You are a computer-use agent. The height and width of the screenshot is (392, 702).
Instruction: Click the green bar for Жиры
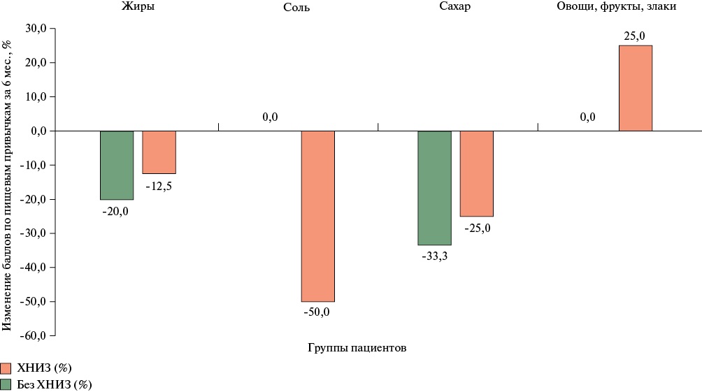point(117,165)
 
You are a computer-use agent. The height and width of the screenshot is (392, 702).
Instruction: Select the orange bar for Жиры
point(159,152)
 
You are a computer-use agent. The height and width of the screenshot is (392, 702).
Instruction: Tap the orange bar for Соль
point(317,216)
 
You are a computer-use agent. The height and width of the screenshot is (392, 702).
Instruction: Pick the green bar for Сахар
point(434,187)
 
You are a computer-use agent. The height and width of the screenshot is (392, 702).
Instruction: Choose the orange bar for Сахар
point(476,173)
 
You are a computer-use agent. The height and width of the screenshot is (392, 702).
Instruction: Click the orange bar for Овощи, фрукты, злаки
point(636,88)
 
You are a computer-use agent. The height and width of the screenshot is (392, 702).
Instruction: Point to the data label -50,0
point(317,312)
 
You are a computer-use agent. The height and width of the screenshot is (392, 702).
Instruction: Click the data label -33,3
point(434,255)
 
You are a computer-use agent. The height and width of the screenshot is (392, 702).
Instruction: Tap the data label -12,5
point(159,186)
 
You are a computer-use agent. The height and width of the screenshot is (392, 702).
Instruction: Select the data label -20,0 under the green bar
point(115,211)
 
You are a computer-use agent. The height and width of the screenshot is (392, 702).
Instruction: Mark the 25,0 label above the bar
point(635,36)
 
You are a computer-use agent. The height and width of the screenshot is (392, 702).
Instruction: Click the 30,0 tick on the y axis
point(36,29)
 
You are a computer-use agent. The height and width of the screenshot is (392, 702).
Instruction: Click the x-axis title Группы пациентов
point(357,347)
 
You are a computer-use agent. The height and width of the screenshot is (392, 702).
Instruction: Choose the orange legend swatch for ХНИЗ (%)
point(6,368)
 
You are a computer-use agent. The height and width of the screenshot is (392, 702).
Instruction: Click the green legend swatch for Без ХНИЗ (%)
point(6,384)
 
